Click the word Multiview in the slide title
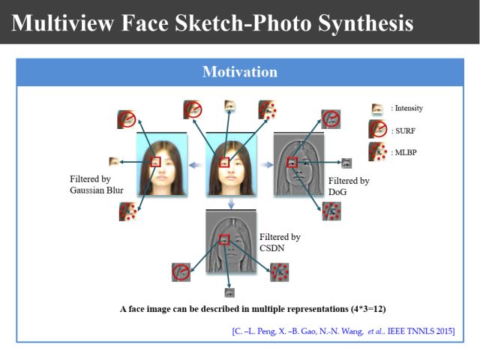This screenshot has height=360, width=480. (x=64, y=22)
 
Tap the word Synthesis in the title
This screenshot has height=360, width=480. (x=360, y=22)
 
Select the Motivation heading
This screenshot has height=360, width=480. (x=240, y=72)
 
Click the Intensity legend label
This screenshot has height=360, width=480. (x=407, y=109)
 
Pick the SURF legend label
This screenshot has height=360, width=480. (x=403, y=130)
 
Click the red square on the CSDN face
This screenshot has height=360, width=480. (x=223, y=239)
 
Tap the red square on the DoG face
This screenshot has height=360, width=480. (x=292, y=161)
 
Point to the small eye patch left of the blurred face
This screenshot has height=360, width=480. (x=114, y=161)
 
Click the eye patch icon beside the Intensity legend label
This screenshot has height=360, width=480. (x=378, y=109)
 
